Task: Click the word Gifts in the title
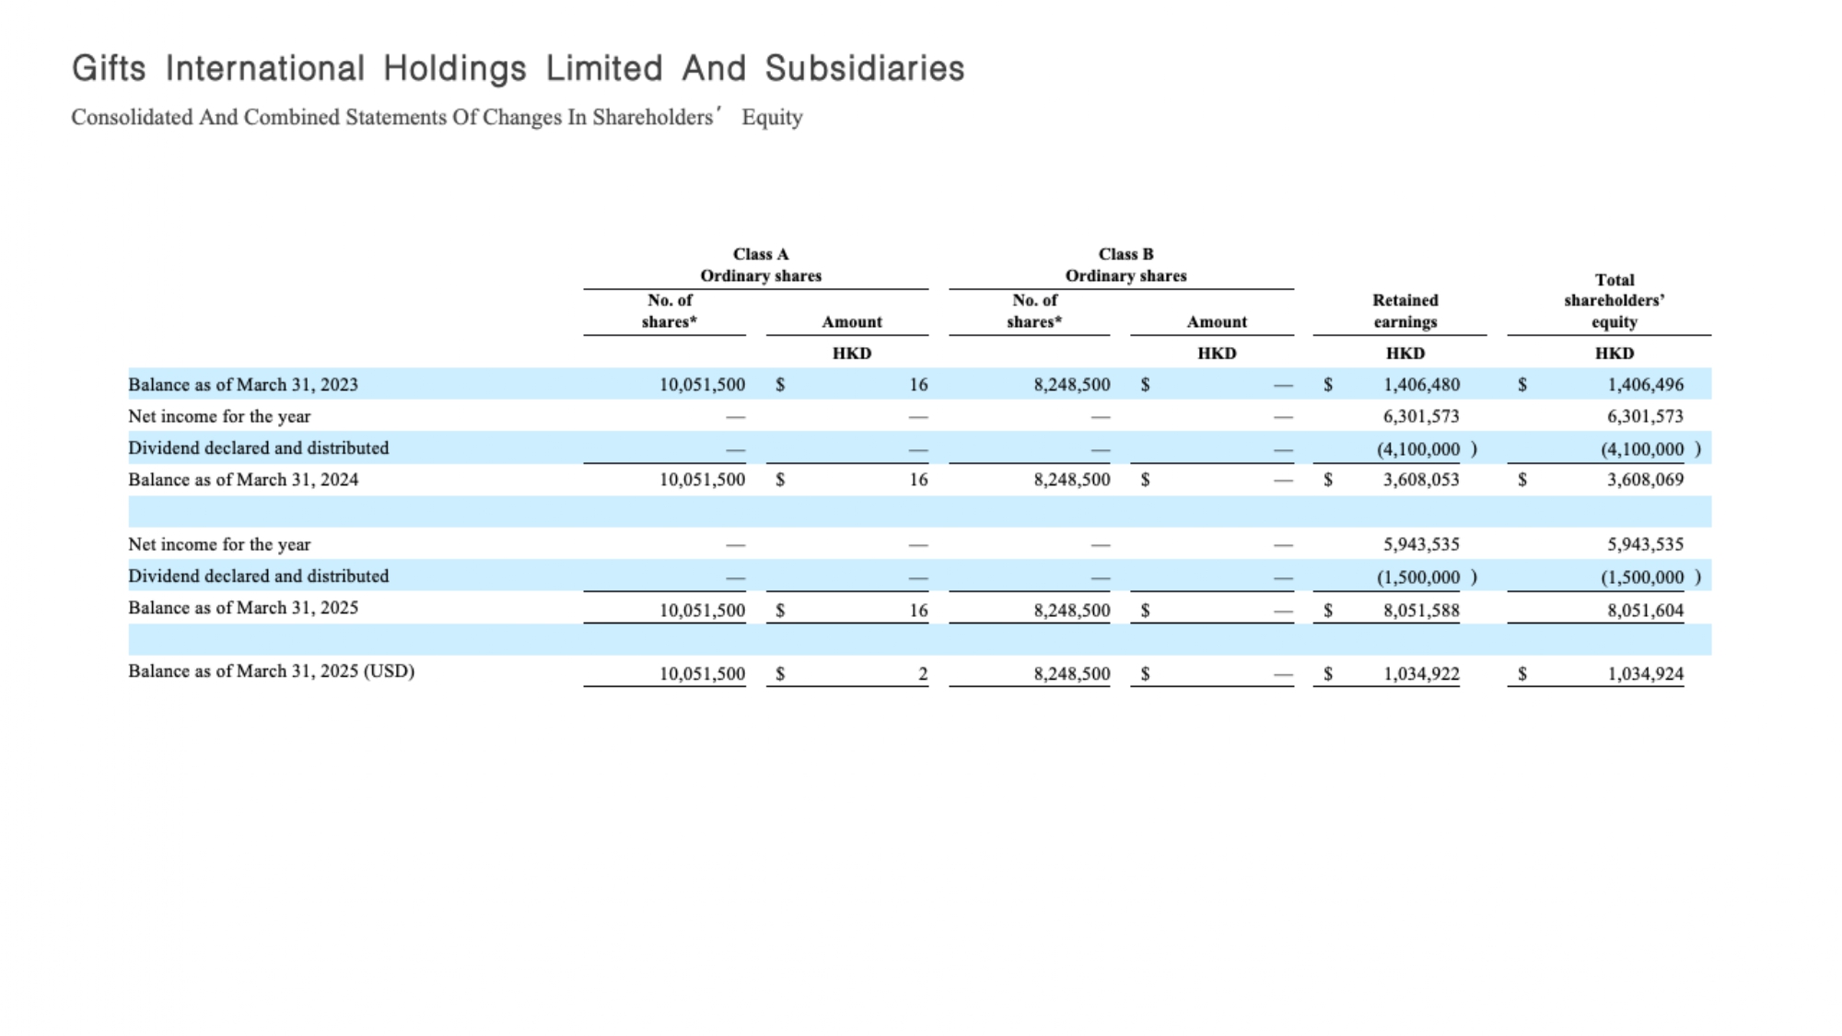[109, 69]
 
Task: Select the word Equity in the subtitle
[772, 118]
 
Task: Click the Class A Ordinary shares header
[761, 264]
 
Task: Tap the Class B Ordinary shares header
[1125, 264]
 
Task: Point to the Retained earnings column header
[1405, 311]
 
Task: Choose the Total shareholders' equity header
[1614, 300]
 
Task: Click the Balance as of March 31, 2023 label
[243, 385]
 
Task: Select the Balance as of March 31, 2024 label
[243, 480]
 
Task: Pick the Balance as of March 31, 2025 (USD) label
[271, 671]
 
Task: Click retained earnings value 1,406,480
[1421, 385]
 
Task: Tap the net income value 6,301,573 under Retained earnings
[1421, 416]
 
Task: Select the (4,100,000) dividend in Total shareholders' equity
[1650, 449]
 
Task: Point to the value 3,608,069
[1645, 480]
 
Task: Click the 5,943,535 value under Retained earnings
[1421, 544]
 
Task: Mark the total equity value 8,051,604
[1645, 611]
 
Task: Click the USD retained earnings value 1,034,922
[1421, 674]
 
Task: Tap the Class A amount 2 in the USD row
[923, 674]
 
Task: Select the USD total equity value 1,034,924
[1645, 674]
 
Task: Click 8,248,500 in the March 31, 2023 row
[1072, 385]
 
